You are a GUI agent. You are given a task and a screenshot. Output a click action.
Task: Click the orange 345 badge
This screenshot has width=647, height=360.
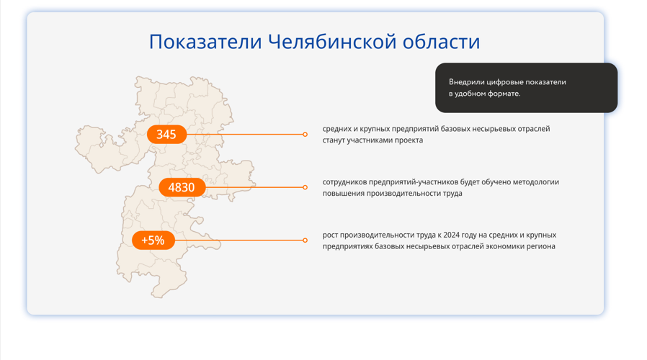pyautogui.click(x=166, y=135)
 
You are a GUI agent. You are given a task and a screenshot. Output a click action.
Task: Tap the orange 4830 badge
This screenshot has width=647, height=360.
pyautogui.click(x=182, y=187)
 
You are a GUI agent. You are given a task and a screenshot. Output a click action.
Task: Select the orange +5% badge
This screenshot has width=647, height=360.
pyautogui.click(x=153, y=240)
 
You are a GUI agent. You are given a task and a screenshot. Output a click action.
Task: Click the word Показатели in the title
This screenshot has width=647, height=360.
pyautogui.click(x=205, y=42)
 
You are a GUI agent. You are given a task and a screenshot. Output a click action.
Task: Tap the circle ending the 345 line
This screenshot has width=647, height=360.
pyautogui.click(x=305, y=135)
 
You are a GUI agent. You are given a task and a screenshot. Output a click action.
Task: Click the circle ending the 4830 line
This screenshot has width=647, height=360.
pyautogui.click(x=305, y=187)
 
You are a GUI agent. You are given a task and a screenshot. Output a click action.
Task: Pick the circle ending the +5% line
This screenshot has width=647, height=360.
pyautogui.click(x=305, y=240)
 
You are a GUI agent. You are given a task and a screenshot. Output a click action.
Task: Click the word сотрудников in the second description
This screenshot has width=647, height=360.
pyautogui.click(x=344, y=182)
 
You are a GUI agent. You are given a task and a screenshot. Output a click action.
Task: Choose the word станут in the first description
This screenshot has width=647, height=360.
pyautogui.click(x=334, y=140)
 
